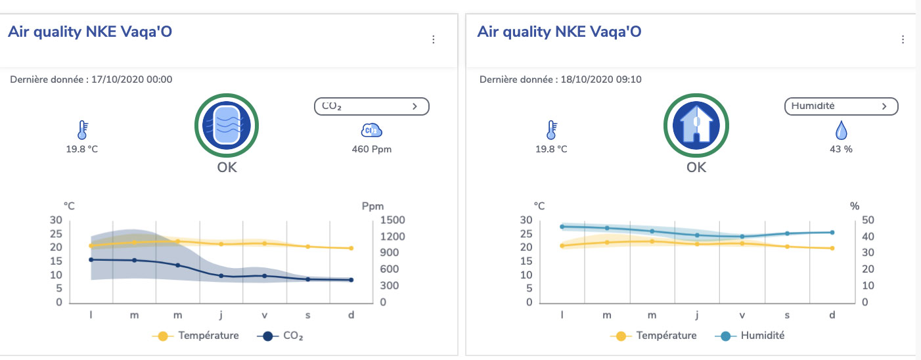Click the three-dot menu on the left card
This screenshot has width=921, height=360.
point(433,40)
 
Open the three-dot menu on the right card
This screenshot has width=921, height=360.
point(903,40)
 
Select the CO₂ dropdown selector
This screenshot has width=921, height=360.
point(372,106)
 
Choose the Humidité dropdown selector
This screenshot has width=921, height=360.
point(841,106)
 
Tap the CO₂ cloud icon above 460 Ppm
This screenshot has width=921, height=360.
point(371,130)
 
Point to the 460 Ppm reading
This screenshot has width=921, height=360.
point(371,149)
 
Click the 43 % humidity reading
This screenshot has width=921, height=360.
point(841,149)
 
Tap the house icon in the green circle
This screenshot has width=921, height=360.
point(696,125)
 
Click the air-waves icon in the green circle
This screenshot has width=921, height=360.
point(227,125)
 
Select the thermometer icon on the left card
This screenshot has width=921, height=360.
point(82,129)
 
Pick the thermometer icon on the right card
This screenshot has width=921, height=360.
point(552,129)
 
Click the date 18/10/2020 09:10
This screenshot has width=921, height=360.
point(601,79)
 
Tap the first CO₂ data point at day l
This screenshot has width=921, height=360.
point(91,259)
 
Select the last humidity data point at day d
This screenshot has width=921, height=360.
point(832,232)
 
